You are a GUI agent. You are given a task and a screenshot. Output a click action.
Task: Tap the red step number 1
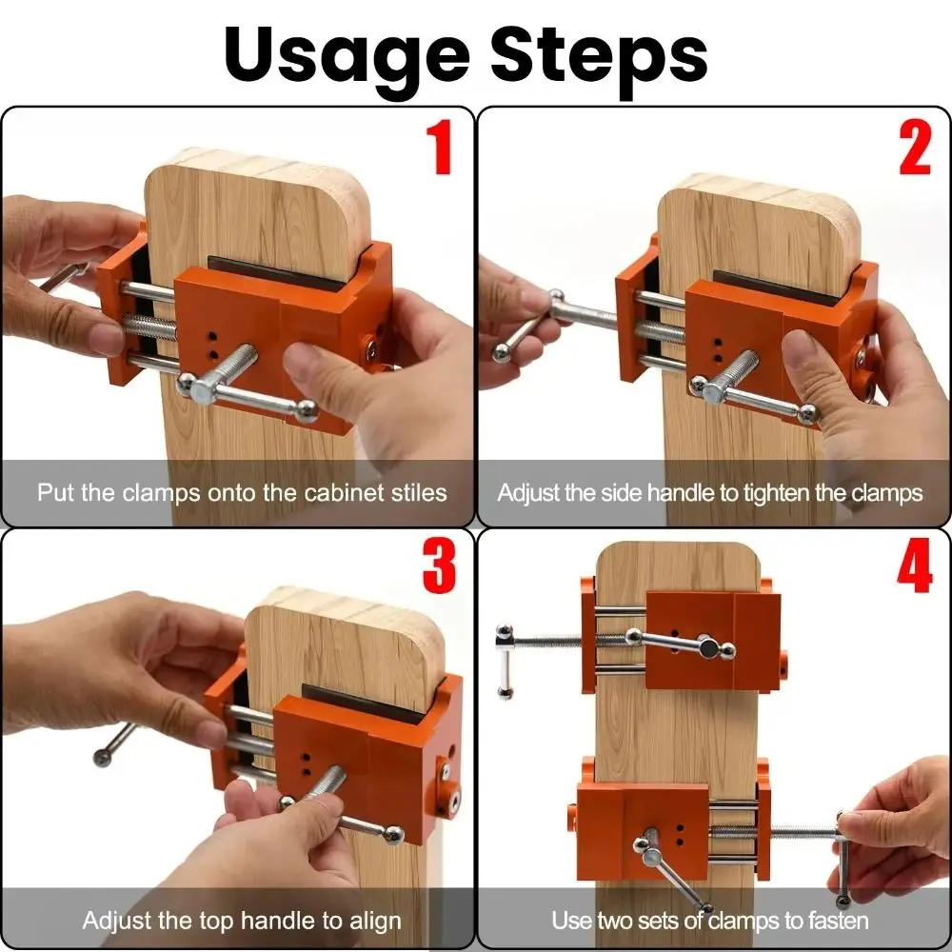440,148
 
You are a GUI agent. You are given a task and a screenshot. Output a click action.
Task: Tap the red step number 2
914,148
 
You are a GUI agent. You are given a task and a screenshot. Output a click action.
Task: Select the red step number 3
439,566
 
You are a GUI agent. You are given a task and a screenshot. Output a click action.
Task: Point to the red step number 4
914,566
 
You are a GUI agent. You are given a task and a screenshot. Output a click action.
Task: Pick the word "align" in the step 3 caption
375,921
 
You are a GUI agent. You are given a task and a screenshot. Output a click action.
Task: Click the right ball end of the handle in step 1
307,411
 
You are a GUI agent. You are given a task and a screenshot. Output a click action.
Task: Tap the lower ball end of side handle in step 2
501,353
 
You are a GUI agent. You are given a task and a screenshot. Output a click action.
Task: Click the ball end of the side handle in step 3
103,758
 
